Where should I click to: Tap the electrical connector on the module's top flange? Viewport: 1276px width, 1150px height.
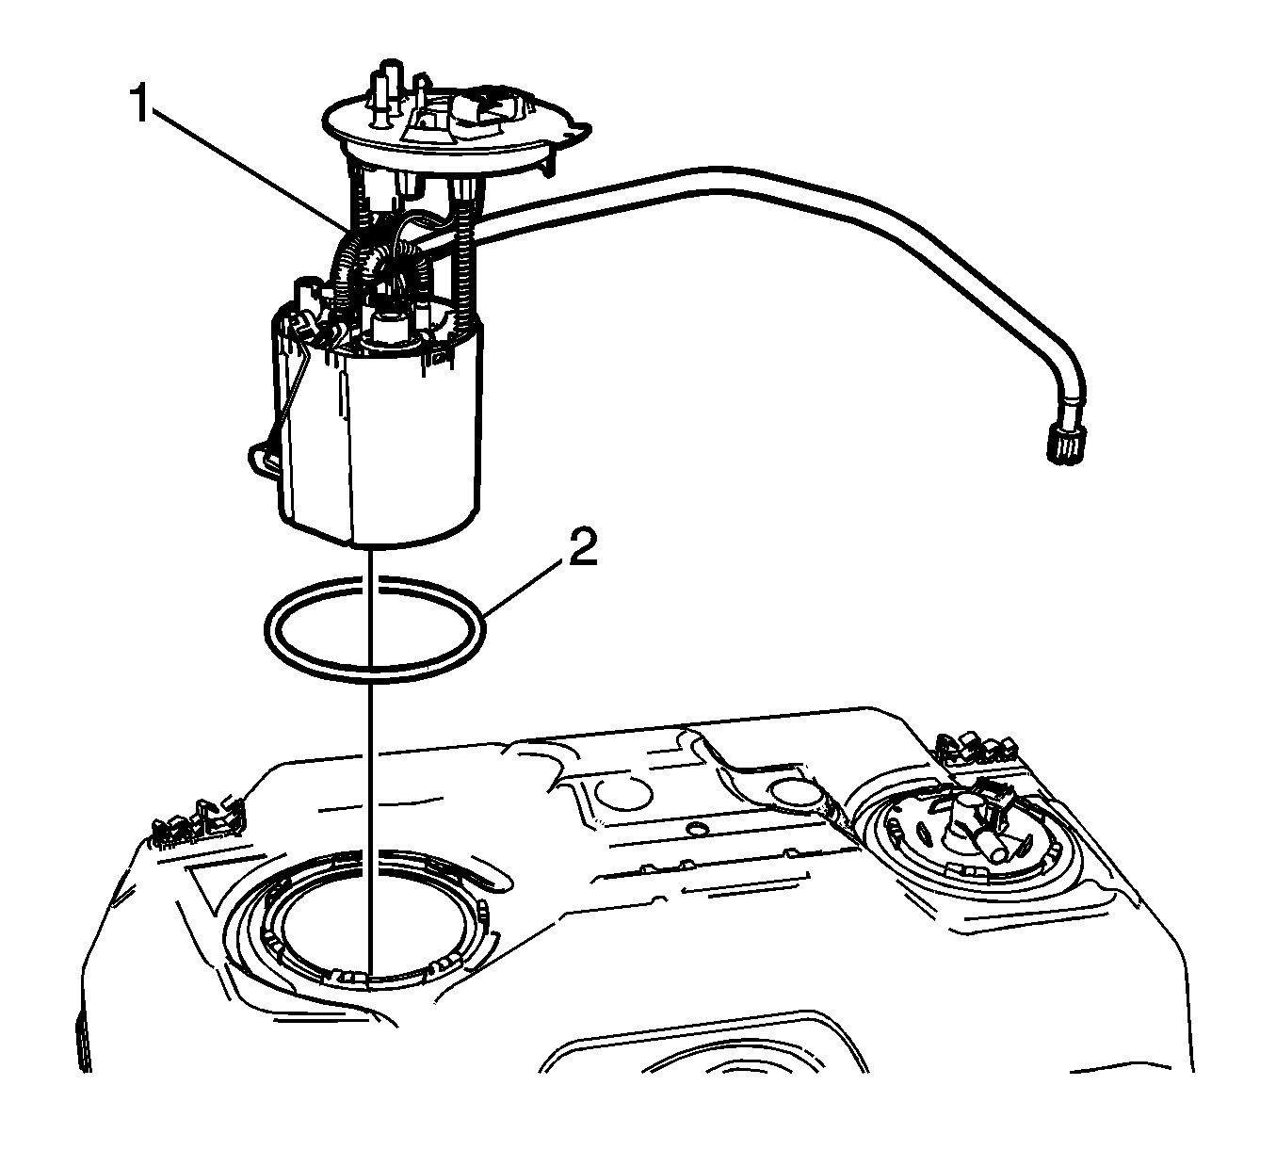(490, 108)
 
